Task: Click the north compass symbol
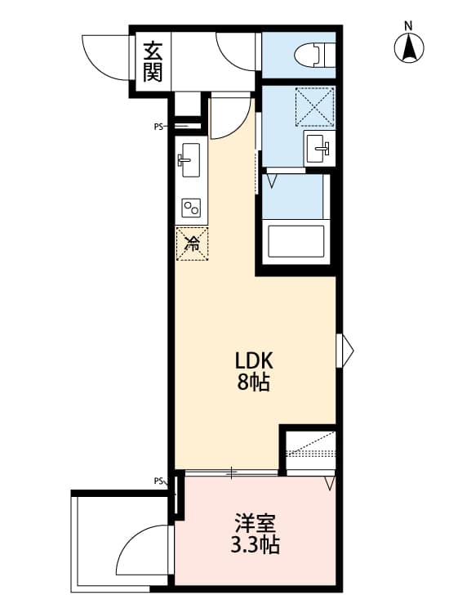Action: point(410,47)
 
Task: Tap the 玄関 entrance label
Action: point(153,61)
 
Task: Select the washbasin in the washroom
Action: point(318,149)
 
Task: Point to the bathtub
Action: point(296,241)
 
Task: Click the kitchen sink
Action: point(189,159)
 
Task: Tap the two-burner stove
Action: point(192,208)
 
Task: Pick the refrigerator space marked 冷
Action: point(193,243)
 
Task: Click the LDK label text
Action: point(253,360)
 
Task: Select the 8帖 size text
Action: point(253,382)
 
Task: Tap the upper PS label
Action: point(158,127)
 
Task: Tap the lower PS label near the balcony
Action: point(158,481)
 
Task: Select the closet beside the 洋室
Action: point(309,452)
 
